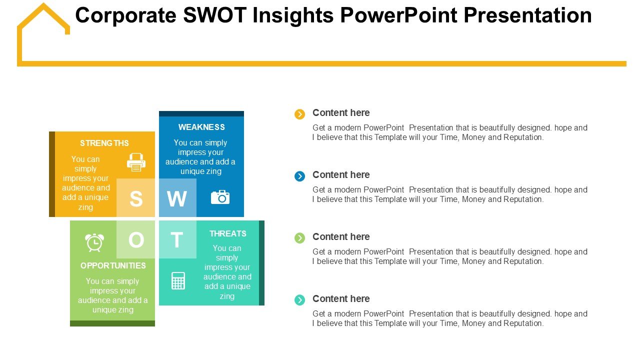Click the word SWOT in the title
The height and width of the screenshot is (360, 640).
[x=214, y=15]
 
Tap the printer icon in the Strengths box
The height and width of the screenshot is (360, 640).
[x=136, y=162]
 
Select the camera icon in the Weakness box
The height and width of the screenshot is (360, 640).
[x=220, y=197]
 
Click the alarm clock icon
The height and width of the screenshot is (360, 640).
[x=94, y=242]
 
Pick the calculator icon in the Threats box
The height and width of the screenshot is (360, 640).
[x=178, y=281]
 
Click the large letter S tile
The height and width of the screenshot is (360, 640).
[x=135, y=197]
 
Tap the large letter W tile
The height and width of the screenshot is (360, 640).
[x=177, y=197]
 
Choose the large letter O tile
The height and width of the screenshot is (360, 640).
[x=135, y=239]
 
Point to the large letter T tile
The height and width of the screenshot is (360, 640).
[x=177, y=239]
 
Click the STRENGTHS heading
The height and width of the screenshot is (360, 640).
[x=104, y=143]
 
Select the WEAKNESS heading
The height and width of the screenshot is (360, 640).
[x=201, y=127]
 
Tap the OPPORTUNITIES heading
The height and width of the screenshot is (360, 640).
[x=113, y=265]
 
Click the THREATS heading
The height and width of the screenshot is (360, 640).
[x=227, y=233]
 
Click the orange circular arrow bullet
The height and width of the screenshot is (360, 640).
[x=299, y=114]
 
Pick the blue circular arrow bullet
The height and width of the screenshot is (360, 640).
[x=299, y=176]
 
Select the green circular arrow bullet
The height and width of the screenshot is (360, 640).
[x=299, y=238]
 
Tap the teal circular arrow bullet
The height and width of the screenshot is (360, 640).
[x=299, y=300]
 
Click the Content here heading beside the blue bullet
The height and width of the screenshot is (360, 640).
[x=341, y=174]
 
